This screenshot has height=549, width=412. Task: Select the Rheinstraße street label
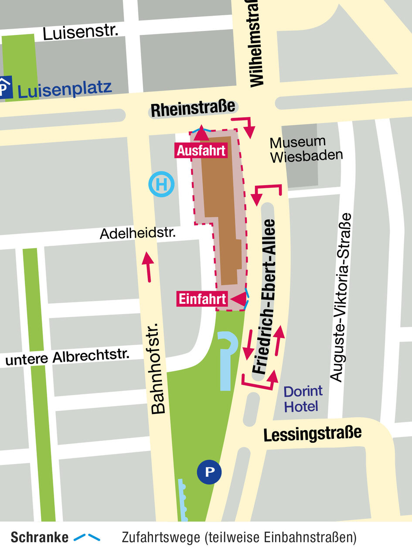pos(193,109)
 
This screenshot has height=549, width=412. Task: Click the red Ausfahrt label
pos(201,151)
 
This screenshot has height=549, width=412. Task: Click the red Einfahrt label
pos(203,299)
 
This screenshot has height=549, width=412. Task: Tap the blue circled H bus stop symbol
pos(161,184)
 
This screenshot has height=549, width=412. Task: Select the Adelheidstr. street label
pos(137,233)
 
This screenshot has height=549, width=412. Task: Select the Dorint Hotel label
pos(303,399)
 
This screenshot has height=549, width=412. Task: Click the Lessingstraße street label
pos(312,434)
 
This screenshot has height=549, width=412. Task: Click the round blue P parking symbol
pos(210,471)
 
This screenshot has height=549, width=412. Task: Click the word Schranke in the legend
pos(39,537)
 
